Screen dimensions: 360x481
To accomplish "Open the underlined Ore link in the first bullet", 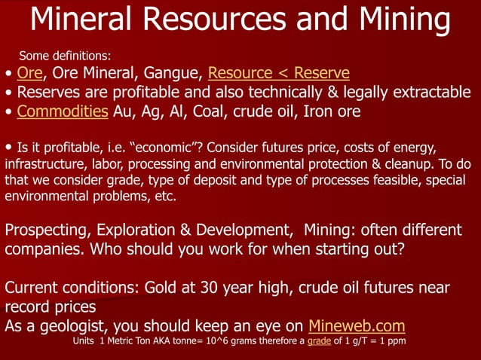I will pos(29,73).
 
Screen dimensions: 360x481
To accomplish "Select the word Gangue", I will pos(170,73).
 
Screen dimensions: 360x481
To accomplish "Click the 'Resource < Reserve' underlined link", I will pos(278,73).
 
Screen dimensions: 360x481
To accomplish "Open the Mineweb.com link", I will pos(357,326).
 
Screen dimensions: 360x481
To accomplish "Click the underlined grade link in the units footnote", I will pos(320,341).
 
